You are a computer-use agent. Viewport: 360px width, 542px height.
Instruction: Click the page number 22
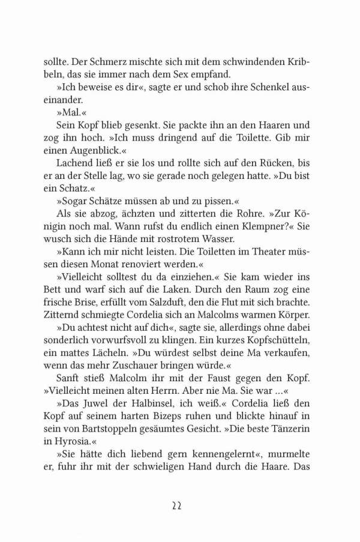(180, 505)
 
